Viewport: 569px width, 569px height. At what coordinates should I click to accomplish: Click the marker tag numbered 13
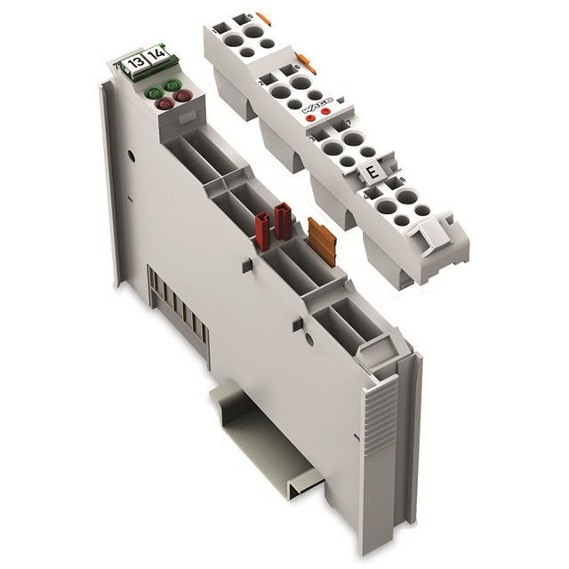[135, 61]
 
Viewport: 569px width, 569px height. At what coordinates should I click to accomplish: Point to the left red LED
[164, 104]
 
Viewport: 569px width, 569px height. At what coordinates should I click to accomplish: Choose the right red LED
[183, 94]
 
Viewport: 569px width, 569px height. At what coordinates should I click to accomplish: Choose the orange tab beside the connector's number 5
[264, 17]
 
